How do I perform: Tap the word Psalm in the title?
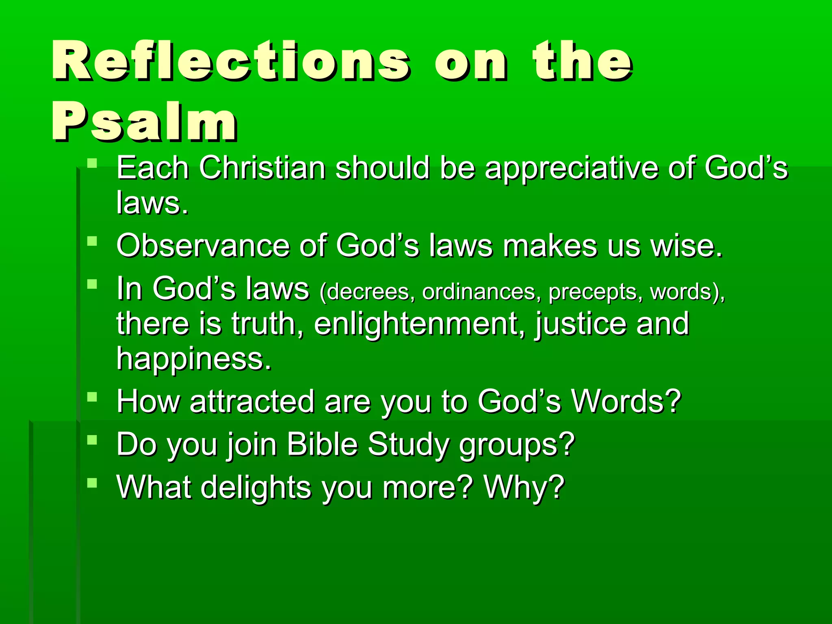(144, 122)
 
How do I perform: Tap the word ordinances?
(479, 292)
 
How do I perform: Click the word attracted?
(252, 401)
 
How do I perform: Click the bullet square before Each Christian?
(92, 163)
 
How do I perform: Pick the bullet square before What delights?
(92, 482)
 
